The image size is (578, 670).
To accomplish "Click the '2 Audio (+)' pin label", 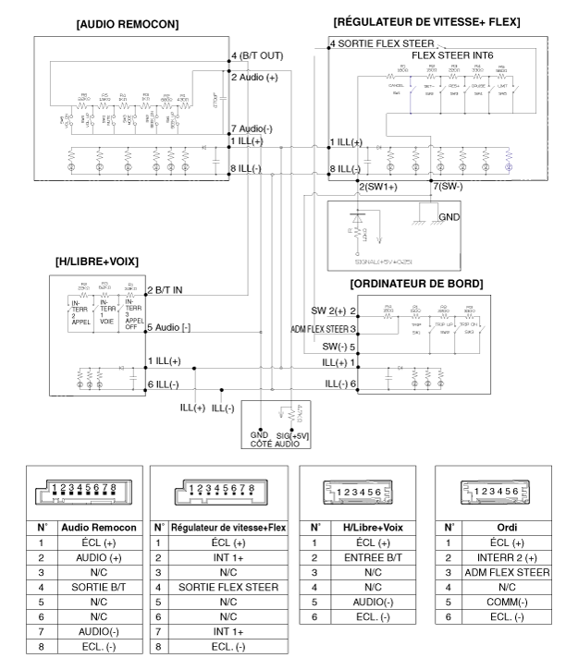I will [254, 78].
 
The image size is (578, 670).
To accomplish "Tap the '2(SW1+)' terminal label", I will [376, 187].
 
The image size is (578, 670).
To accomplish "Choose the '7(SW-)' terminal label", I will [449, 187].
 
